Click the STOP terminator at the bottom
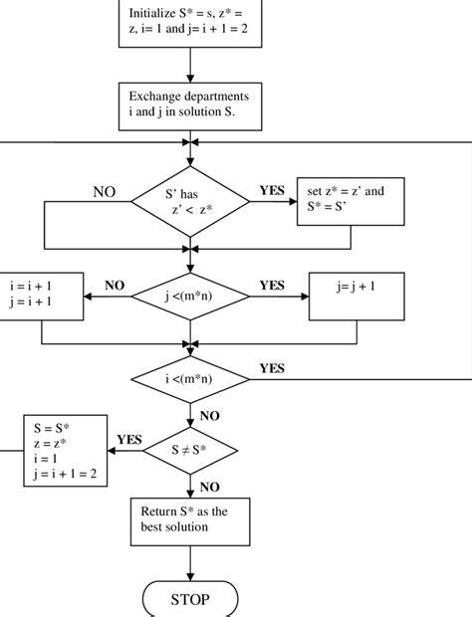189,601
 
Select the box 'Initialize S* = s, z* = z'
189,22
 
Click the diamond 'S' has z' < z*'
188,203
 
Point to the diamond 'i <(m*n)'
188,380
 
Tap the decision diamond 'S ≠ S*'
188,450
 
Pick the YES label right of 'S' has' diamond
272,190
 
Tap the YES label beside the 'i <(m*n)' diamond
272,368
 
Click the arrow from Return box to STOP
188,563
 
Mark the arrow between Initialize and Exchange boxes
188,64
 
